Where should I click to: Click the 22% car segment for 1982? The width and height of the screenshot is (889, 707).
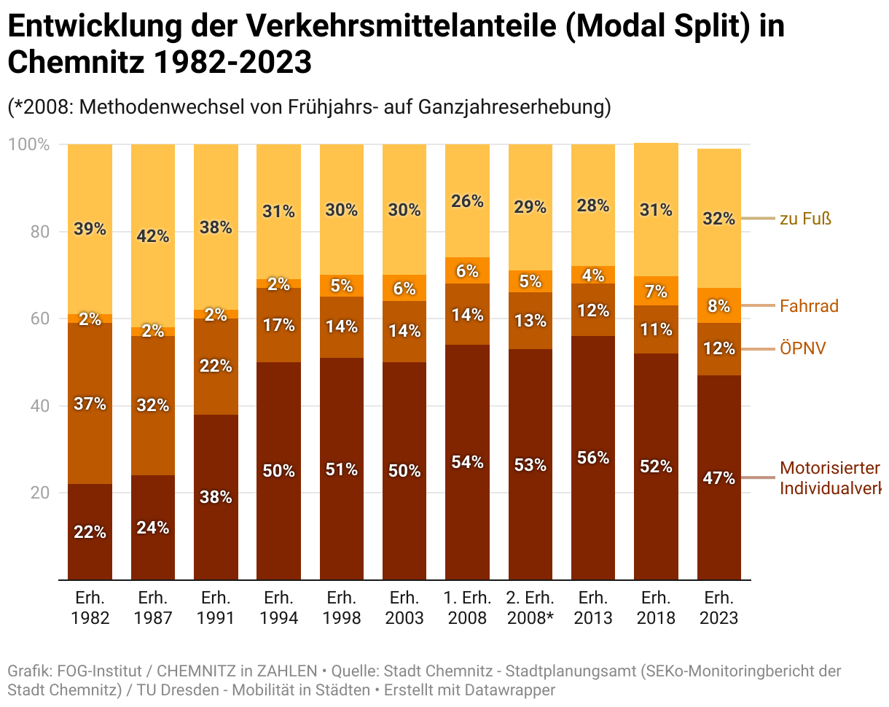tap(90, 531)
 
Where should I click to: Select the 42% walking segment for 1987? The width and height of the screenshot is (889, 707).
tap(153, 235)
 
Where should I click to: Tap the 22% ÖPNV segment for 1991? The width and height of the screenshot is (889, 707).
tap(216, 366)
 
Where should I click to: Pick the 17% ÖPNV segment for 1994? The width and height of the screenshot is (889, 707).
tap(278, 325)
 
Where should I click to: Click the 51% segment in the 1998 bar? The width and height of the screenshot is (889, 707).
tap(341, 469)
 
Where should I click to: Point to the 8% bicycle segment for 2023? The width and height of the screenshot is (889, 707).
tap(719, 305)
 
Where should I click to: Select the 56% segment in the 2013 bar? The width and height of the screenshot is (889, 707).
tap(593, 458)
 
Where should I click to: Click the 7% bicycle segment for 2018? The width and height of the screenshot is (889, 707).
tap(656, 292)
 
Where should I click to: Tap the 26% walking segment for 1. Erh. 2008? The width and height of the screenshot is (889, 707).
tap(467, 201)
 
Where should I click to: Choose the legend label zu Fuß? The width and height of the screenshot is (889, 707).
tap(805, 219)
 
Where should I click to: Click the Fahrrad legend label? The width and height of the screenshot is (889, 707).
tap(809, 306)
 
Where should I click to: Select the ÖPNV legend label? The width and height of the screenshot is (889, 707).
tap(803, 349)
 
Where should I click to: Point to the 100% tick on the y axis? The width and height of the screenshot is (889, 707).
tap(29, 144)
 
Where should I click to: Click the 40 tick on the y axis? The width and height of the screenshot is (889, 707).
tap(40, 406)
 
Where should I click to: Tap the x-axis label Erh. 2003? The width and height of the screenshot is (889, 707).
tap(404, 608)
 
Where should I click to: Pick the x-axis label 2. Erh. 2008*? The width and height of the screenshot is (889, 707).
tap(530, 608)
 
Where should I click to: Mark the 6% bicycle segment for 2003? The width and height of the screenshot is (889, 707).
tap(404, 288)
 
